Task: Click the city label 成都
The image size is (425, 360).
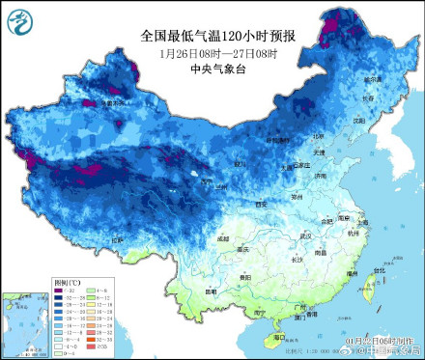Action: coord(225,236)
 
